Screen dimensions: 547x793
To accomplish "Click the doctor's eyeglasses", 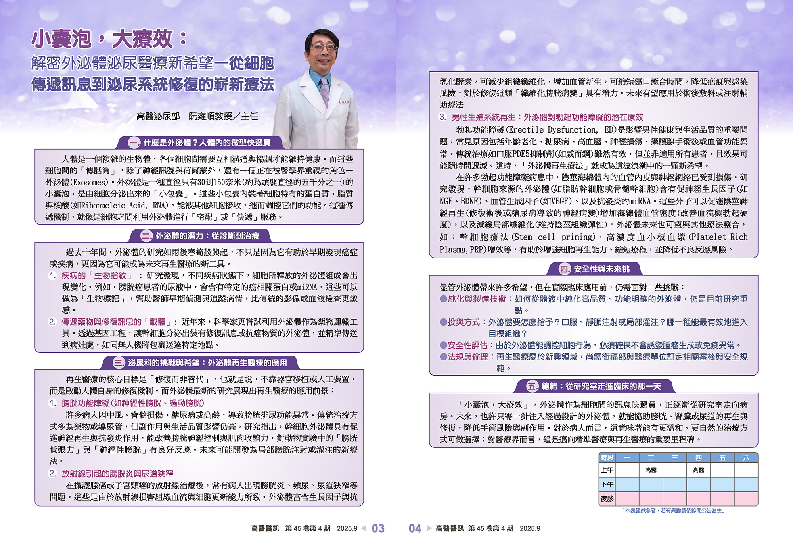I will (x=324, y=48).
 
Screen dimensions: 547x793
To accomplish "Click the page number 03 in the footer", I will (x=378, y=528).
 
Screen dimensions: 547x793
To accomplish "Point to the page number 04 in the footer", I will (x=415, y=528).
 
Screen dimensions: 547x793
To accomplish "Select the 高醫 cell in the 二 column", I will (x=651, y=470).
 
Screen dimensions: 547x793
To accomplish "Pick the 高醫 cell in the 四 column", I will (x=698, y=470).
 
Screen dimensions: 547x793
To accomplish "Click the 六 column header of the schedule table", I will (x=746, y=458).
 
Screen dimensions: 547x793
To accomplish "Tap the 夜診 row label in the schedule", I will (x=607, y=499).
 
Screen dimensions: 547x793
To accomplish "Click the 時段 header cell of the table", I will (x=607, y=458).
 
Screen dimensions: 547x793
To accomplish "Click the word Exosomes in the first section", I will (x=89, y=182).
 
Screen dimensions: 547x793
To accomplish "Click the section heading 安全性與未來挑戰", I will (x=601, y=269).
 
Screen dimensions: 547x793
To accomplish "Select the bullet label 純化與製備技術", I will (x=477, y=299).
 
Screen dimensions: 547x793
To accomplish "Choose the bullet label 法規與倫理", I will (x=468, y=357).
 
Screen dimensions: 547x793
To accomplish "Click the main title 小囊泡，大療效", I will (x=109, y=39).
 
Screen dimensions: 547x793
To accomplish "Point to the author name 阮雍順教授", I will (x=210, y=116).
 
